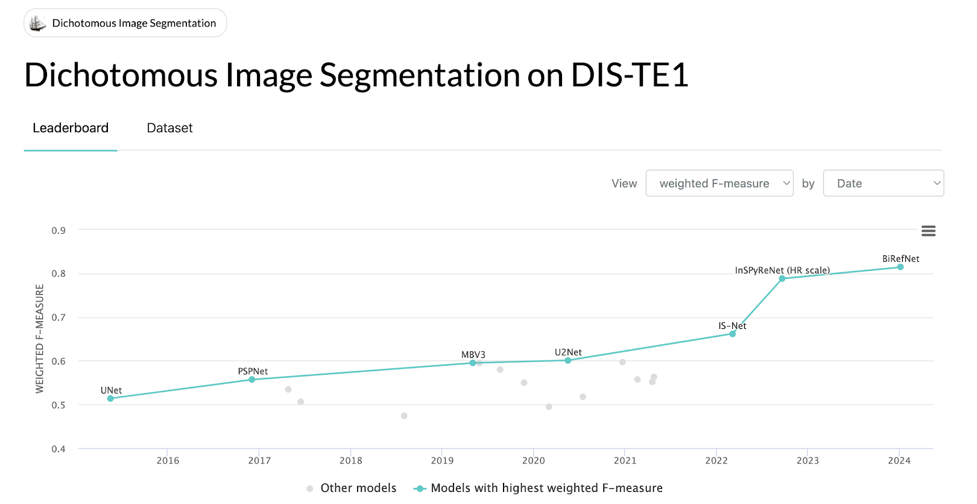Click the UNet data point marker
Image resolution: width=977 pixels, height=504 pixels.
[110, 398]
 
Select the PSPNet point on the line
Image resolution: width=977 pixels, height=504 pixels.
[251, 380]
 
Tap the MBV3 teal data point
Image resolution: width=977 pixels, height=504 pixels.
[472, 363]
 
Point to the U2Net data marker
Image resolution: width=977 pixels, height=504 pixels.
[568, 360]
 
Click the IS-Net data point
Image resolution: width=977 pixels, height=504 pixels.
[732, 334]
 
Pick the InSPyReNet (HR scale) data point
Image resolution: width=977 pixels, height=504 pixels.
[782, 278]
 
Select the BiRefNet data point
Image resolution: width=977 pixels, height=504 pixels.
[900, 267]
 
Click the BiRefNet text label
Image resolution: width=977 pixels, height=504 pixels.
[900, 259]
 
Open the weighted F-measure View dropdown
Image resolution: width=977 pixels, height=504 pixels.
[719, 183]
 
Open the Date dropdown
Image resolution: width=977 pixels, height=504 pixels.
[884, 183]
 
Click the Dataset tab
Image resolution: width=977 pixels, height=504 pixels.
[169, 128]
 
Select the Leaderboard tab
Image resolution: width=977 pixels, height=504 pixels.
[71, 128]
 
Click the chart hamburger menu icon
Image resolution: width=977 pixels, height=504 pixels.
[928, 231]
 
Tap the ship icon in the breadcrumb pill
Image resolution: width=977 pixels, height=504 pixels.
[37, 23]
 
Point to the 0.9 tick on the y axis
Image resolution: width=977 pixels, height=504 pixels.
[58, 231]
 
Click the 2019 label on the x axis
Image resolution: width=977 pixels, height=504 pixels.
[442, 461]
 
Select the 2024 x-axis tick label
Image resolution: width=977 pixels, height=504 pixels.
[899, 461]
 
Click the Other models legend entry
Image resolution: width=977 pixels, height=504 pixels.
[352, 488]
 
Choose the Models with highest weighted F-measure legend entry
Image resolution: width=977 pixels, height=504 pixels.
[538, 488]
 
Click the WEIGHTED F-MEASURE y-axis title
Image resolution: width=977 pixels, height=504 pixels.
[40, 339]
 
